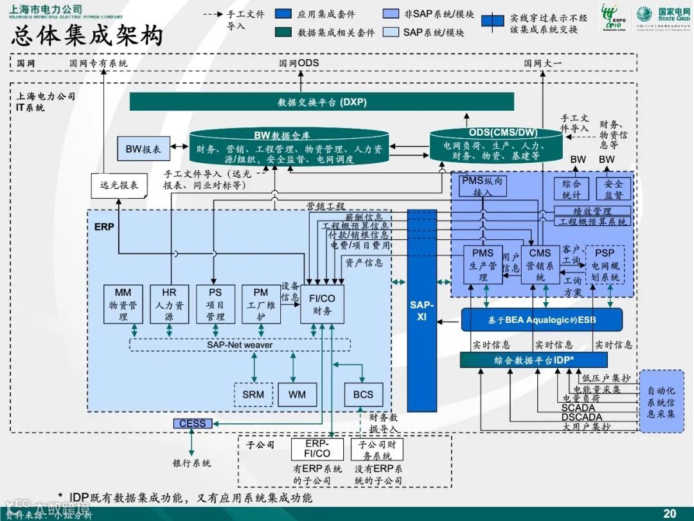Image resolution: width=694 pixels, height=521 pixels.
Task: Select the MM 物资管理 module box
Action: pyautogui.click(x=123, y=304)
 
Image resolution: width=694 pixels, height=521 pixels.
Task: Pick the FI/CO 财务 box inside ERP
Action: pyautogui.click(x=323, y=304)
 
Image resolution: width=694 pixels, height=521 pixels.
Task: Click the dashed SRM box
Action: pyautogui.click(x=253, y=394)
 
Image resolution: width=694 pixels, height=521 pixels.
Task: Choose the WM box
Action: pyautogui.click(x=297, y=394)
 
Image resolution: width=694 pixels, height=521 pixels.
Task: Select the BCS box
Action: pyautogui.click(x=363, y=394)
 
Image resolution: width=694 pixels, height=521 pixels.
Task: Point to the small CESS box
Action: pyautogui.click(x=192, y=423)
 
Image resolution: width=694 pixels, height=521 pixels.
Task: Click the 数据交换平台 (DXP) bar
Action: pyautogui.click(x=322, y=102)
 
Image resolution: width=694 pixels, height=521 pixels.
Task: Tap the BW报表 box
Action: pyautogui.click(x=143, y=149)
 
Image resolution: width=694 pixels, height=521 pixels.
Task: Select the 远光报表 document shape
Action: pyautogui.click(x=119, y=185)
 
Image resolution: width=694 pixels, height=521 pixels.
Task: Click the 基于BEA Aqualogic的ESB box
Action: pyautogui.click(x=542, y=320)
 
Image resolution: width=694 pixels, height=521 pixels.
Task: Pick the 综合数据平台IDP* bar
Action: pyautogui.click(x=533, y=360)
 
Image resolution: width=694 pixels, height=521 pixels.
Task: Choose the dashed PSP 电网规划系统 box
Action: pyautogui.click(x=605, y=264)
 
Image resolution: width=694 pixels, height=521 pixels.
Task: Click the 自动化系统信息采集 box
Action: pyautogui.click(x=661, y=402)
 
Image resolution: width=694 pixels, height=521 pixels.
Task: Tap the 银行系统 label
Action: pyautogui.click(x=191, y=462)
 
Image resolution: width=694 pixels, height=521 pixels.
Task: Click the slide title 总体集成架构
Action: pyautogui.click(x=87, y=35)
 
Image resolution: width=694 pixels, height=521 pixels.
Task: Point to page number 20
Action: pyautogui.click(x=670, y=513)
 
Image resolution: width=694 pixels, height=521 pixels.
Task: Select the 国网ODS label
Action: pyautogui.click(x=299, y=63)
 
